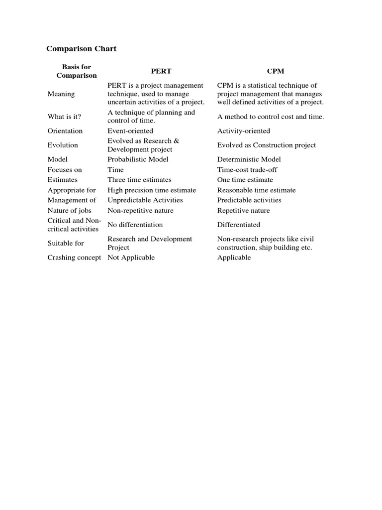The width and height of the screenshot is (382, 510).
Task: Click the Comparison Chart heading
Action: tap(81, 49)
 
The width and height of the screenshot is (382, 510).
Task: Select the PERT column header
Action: tap(161, 71)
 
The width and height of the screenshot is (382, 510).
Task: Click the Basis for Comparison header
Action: tap(77, 71)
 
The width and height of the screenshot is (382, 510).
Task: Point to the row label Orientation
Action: tap(65, 131)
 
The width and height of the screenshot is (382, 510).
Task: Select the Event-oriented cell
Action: tap(130, 131)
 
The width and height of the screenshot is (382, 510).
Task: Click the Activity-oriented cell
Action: tap(244, 131)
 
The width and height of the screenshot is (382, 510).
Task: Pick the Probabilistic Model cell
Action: tap(138, 159)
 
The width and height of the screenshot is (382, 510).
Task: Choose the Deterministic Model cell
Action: tap(249, 159)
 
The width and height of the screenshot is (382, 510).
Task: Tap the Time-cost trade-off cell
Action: tap(247, 170)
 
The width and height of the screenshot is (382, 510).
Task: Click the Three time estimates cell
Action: tap(139, 180)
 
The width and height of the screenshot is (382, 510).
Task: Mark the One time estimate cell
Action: tap(245, 180)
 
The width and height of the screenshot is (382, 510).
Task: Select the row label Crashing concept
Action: tap(74, 257)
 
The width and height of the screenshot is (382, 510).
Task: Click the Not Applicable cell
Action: tap(131, 257)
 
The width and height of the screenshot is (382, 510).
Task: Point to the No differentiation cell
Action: tap(135, 225)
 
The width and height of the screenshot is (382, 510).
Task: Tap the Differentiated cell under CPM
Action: tap(238, 225)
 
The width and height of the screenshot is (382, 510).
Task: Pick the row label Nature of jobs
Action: tap(69, 211)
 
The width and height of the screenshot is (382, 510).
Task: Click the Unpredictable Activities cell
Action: tap(145, 200)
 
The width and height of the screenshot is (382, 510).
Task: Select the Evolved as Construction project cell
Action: tap(266, 145)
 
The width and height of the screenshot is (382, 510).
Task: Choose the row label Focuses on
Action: tap(65, 170)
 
